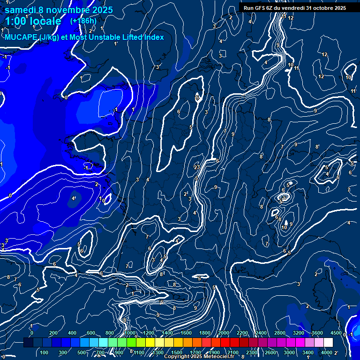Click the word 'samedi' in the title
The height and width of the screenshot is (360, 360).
pos(21,10)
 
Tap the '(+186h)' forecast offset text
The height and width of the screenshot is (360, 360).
pos(83,21)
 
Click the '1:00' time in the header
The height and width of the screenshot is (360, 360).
pos(16,22)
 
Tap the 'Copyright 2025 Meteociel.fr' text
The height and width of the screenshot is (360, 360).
pos(202,357)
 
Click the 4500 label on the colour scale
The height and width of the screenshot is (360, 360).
pos(336,333)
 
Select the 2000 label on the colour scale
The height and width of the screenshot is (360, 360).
pos(223,333)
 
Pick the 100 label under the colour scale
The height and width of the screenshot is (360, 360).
pos(45,352)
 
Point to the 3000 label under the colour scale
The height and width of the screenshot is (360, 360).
pos(289,352)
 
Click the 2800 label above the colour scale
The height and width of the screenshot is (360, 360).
pos(279,333)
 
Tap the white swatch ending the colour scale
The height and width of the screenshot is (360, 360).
pos(328,343)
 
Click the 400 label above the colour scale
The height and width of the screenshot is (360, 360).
pos(73,333)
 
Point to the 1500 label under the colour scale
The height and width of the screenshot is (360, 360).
pos(177,352)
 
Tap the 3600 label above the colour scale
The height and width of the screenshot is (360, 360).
pos(317,333)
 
